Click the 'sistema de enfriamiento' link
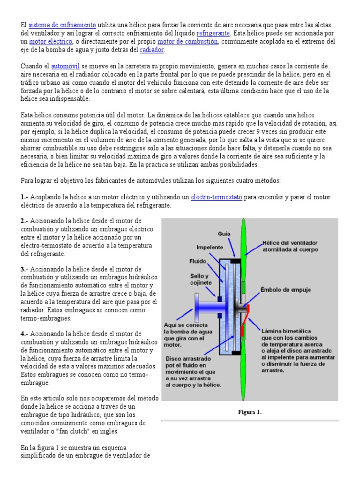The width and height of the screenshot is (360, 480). click(62, 25)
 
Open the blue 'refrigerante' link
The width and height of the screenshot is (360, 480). click(213, 33)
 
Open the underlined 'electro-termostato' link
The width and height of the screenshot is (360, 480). click(217, 198)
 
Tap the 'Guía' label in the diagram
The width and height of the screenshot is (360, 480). click(224, 233)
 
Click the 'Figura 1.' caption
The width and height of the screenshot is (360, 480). click(249, 412)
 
